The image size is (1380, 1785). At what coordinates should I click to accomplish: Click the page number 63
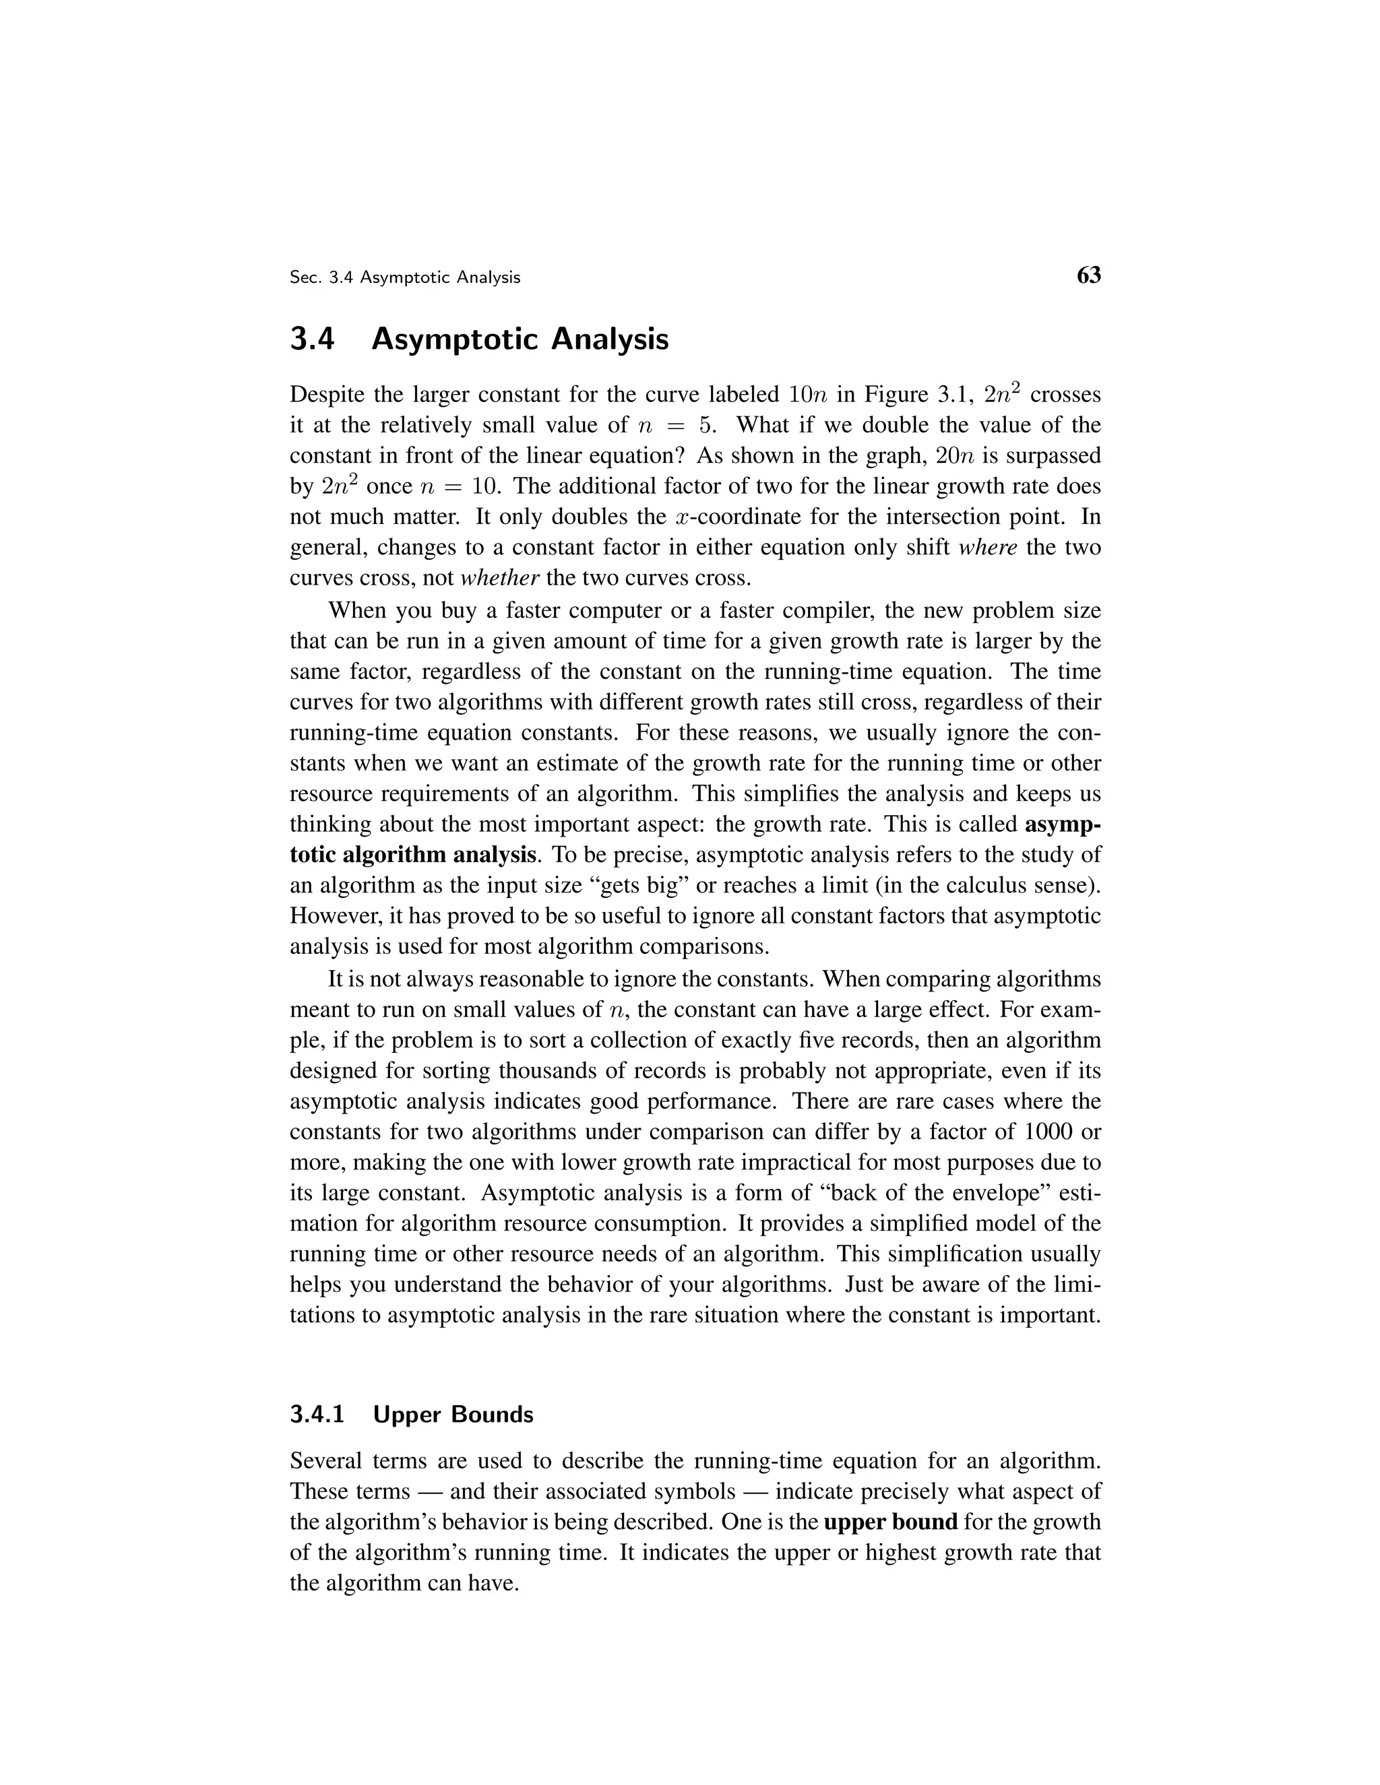pos(1088,275)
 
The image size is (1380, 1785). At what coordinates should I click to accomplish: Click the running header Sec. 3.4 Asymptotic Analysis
pos(405,278)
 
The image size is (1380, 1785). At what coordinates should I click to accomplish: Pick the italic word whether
pos(499,578)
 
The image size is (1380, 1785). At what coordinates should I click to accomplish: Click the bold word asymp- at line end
pos(1062,824)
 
